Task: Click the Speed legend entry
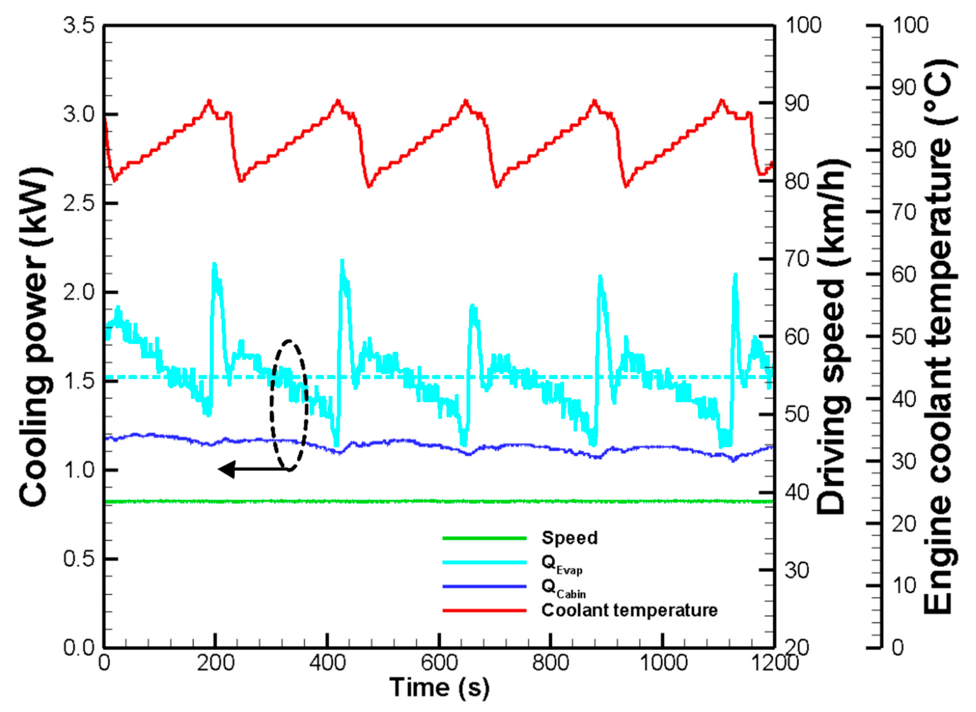click(x=569, y=538)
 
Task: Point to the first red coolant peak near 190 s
click(x=209, y=101)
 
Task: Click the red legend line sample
click(x=485, y=610)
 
